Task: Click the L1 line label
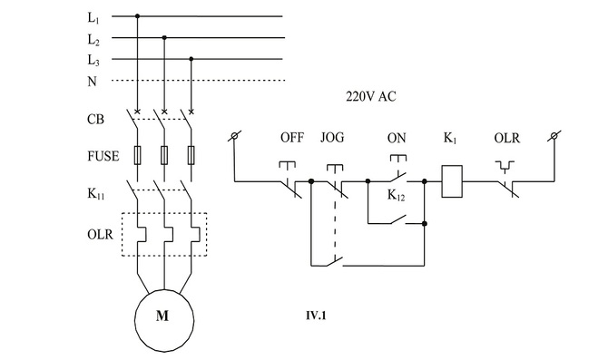pos(93,17)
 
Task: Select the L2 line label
pos(93,39)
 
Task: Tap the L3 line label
pos(93,60)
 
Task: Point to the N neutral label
pos(92,81)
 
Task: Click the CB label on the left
pos(95,119)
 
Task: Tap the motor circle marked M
pos(163,316)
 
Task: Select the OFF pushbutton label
pos(291,138)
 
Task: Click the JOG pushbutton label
pos(333,138)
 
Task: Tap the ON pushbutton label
pos(397,138)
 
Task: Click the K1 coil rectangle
pos(452,180)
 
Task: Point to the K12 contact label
pos(397,195)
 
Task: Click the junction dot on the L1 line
pos(137,16)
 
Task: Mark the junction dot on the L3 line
pos(191,59)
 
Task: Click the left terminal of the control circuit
pos(235,136)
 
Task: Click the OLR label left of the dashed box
pos(99,235)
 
